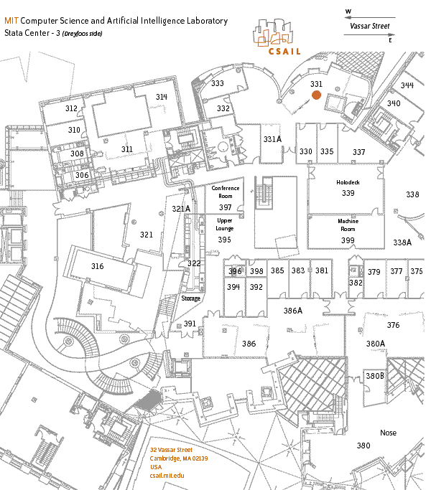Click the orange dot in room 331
click(x=317, y=95)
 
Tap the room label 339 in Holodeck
click(x=348, y=193)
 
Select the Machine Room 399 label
click(x=348, y=240)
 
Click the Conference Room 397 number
click(x=225, y=207)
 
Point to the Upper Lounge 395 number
click(x=224, y=240)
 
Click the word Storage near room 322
click(x=190, y=298)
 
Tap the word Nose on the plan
click(x=388, y=433)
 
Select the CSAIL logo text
click(x=284, y=52)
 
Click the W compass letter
click(x=348, y=11)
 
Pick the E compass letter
click(x=390, y=40)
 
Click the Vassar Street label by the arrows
click(x=370, y=26)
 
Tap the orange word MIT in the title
click(x=11, y=21)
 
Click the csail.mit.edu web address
click(x=167, y=476)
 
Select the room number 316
click(x=98, y=266)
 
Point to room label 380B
click(x=375, y=376)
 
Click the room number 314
click(x=162, y=97)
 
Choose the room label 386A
click(x=293, y=311)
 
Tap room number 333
click(x=217, y=83)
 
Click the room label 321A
click(x=181, y=209)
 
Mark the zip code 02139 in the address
click(x=200, y=458)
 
